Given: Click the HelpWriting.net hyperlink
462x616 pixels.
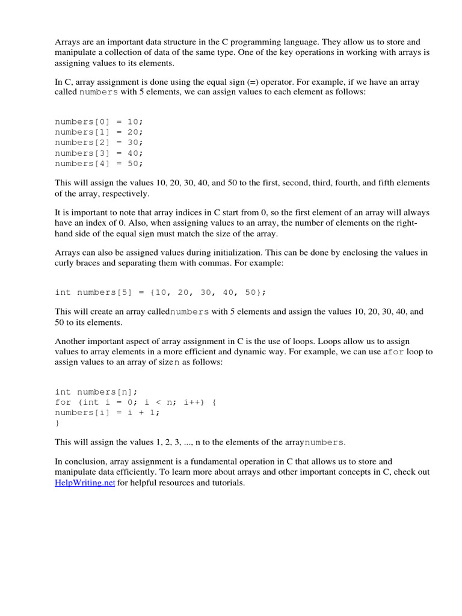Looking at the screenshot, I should (85, 483).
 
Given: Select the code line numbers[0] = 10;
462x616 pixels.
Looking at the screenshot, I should (99, 121).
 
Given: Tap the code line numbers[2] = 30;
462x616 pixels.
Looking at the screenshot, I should (99, 142).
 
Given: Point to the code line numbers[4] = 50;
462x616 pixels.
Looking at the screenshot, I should (99, 163).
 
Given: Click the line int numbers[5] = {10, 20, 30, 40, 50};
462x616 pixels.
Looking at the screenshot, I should (160, 292).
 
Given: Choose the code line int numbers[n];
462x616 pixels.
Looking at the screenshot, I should (96, 392).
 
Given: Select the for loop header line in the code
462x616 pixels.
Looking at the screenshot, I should (135, 402).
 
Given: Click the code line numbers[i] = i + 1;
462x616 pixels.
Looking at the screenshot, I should (108, 413).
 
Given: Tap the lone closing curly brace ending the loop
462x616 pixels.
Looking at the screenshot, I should (57, 423).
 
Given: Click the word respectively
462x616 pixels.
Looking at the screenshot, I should (131, 194).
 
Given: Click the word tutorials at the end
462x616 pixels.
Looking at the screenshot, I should (225, 483).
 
